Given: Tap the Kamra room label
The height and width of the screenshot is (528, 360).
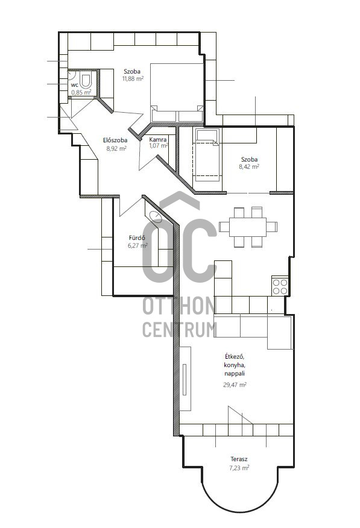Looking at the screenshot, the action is pyautogui.click(x=158, y=139).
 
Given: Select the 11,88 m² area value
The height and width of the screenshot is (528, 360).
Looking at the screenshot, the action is pyautogui.click(x=133, y=79).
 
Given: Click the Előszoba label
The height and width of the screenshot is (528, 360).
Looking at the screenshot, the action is pyautogui.click(x=115, y=140).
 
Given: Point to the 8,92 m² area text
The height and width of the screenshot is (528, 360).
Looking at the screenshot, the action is pyautogui.click(x=116, y=148).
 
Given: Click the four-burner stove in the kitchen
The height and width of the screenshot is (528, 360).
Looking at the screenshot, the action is pyautogui.click(x=280, y=286).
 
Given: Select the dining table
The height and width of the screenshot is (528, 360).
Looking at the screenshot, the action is pyautogui.click(x=248, y=227).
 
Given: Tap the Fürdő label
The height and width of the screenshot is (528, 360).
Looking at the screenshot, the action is pyautogui.click(x=137, y=237).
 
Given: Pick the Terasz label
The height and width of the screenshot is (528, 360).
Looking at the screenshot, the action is pyautogui.click(x=239, y=459).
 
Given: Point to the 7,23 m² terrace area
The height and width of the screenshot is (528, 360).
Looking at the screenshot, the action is pyautogui.click(x=239, y=467).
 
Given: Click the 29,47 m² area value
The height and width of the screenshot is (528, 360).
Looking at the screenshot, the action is pyautogui.click(x=235, y=385).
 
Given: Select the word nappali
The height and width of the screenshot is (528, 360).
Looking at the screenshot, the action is pyautogui.click(x=235, y=374).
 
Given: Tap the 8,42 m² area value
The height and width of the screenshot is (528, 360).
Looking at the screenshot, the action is pyautogui.click(x=249, y=167).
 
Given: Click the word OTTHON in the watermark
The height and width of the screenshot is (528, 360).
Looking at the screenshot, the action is pyautogui.click(x=179, y=306).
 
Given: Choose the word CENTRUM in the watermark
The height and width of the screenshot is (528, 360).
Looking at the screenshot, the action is pyautogui.click(x=180, y=329).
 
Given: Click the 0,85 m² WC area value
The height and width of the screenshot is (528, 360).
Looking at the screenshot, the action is pyautogui.click(x=81, y=92).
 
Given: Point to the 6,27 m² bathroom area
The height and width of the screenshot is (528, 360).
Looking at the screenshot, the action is pyautogui.click(x=137, y=246).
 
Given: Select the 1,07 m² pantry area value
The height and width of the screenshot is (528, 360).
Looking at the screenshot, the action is pyautogui.click(x=159, y=146).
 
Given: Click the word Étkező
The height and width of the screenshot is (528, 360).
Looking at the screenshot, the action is pyautogui.click(x=235, y=356).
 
